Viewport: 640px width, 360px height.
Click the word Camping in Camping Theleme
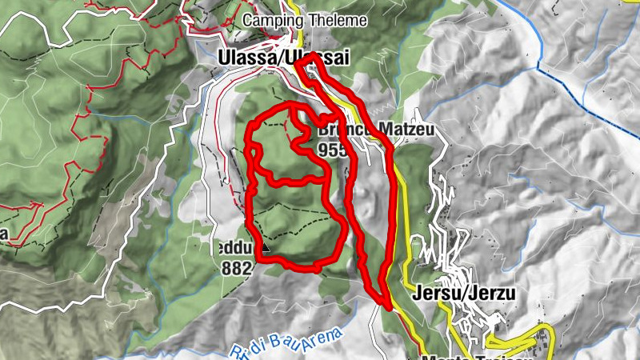click(x=266, y=20)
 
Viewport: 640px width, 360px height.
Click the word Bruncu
click(x=336, y=129)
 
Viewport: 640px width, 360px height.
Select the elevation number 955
click(x=332, y=150)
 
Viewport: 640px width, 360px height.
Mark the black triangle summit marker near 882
click(x=266, y=248)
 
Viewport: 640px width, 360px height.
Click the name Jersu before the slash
click(x=436, y=294)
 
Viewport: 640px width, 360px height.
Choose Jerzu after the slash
click(x=493, y=294)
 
